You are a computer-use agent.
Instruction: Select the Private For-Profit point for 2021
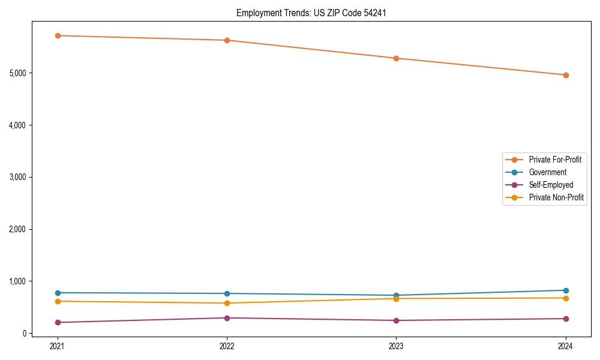(58, 35)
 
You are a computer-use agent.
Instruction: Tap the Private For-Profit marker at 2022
(227, 40)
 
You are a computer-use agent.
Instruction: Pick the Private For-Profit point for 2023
(397, 58)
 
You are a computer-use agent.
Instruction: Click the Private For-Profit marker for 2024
(566, 75)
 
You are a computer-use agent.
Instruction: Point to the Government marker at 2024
(566, 290)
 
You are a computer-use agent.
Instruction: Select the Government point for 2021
(58, 293)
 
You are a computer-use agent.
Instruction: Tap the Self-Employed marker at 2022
(227, 318)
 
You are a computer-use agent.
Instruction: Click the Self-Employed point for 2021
(58, 322)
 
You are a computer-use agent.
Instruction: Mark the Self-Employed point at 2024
(566, 319)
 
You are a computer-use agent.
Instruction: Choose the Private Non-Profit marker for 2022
(227, 303)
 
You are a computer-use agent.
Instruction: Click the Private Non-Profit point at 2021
(58, 301)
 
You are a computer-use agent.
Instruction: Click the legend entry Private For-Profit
(554, 160)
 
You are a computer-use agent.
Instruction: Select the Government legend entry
(547, 172)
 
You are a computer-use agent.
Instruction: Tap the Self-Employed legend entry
(551, 185)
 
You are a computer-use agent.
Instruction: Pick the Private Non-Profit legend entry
(556, 197)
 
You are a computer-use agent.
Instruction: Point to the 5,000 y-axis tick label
(19, 73)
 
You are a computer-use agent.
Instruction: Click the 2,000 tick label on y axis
(19, 229)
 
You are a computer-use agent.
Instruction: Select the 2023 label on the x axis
(397, 346)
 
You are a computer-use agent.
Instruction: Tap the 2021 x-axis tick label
(58, 346)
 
